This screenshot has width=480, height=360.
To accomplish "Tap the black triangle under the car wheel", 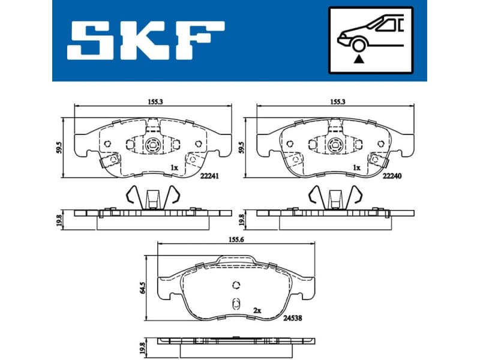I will tap(359, 58).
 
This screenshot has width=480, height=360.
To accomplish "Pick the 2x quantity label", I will tap(257, 311).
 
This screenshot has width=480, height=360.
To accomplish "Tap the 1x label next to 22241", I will tap(174, 167).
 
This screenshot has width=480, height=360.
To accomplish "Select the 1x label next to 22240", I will tap(356, 167).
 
